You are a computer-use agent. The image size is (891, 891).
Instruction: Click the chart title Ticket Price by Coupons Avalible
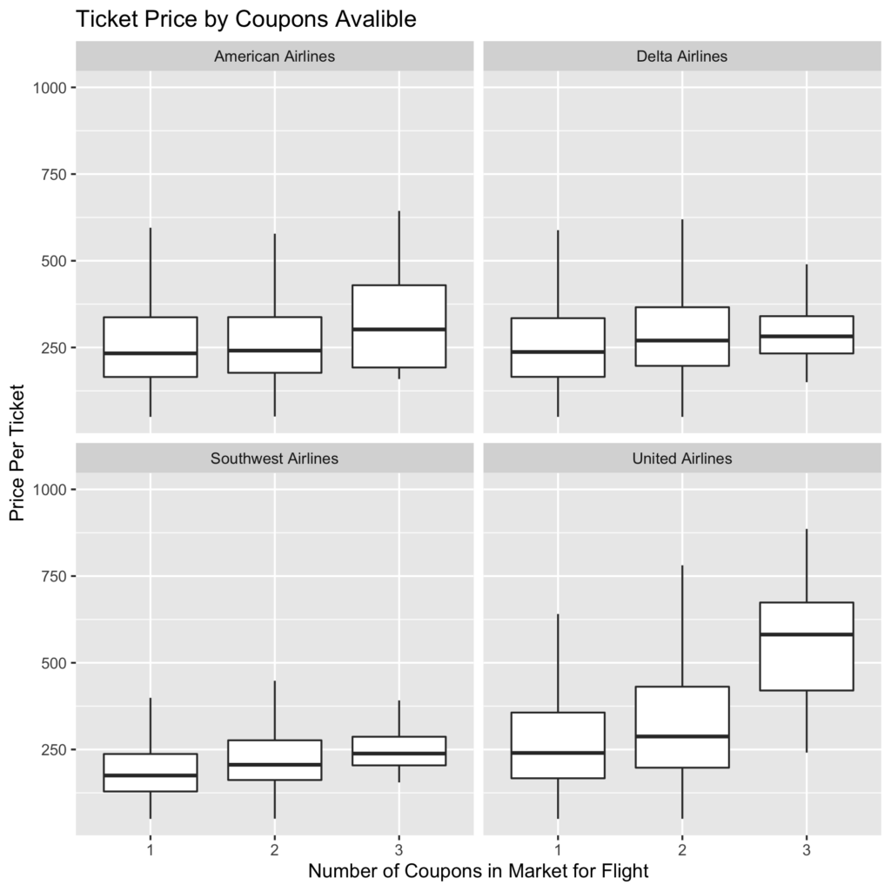coord(246,19)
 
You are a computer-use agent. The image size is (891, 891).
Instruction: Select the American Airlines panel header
coord(274,57)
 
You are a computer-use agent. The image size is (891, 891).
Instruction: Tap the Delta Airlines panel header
coord(682,57)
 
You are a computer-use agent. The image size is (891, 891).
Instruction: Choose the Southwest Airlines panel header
coord(274,459)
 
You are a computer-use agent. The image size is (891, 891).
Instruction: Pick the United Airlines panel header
coord(682,459)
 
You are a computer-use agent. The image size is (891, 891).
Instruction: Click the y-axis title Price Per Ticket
coord(18,452)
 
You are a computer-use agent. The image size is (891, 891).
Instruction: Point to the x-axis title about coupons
coord(479,870)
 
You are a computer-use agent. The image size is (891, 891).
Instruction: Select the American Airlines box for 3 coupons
coord(399,326)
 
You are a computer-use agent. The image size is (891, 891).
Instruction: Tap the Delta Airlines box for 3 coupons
coord(806,334)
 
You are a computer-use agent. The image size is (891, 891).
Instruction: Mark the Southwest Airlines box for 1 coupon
coord(151,772)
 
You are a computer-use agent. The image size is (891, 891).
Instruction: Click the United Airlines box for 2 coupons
coord(682,727)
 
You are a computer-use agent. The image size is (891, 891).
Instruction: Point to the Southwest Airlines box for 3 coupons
coord(399,751)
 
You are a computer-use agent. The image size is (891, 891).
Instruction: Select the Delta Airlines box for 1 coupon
coord(558,347)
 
